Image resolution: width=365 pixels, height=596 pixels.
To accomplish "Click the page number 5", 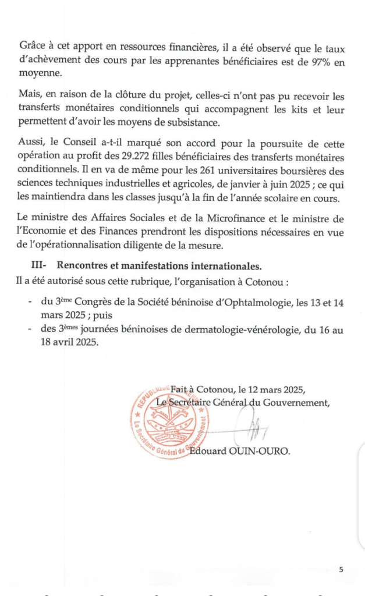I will pos(341,570).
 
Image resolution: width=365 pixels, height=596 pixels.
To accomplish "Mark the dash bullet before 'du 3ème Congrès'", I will pos(30,302).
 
